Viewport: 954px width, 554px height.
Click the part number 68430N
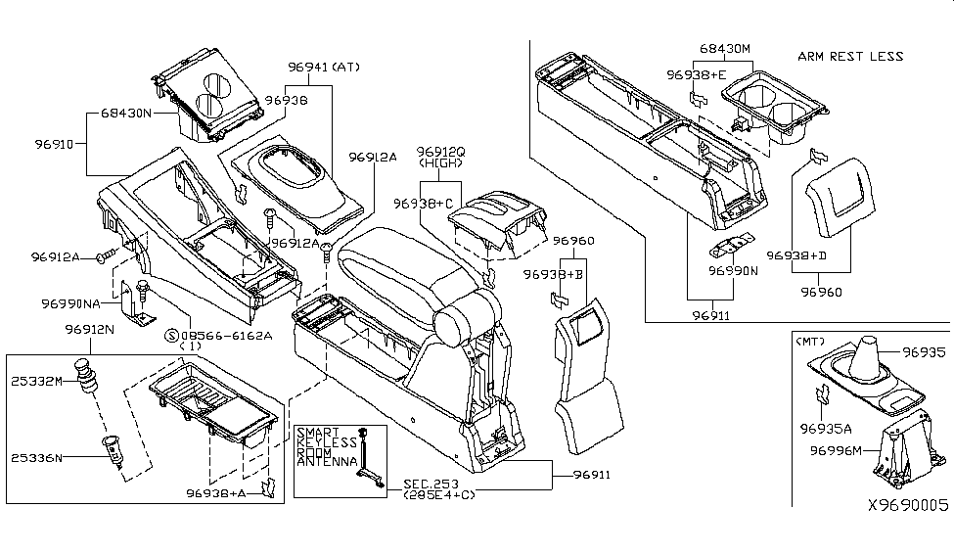pyautogui.click(x=127, y=114)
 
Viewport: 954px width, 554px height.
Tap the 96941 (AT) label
pyautogui.click(x=325, y=67)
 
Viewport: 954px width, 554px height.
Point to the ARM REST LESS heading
pyautogui.click(x=850, y=56)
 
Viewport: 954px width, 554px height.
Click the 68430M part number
pyautogui.click(x=725, y=48)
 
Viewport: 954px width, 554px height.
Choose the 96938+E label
pyautogui.click(x=697, y=74)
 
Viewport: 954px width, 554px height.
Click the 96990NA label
pyautogui.click(x=71, y=303)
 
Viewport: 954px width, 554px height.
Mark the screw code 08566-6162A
pyautogui.click(x=224, y=335)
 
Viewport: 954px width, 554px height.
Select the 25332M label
pyautogui.click(x=37, y=380)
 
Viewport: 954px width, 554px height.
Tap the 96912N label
pyautogui.click(x=92, y=330)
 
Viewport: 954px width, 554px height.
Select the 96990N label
pyautogui.click(x=734, y=269)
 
